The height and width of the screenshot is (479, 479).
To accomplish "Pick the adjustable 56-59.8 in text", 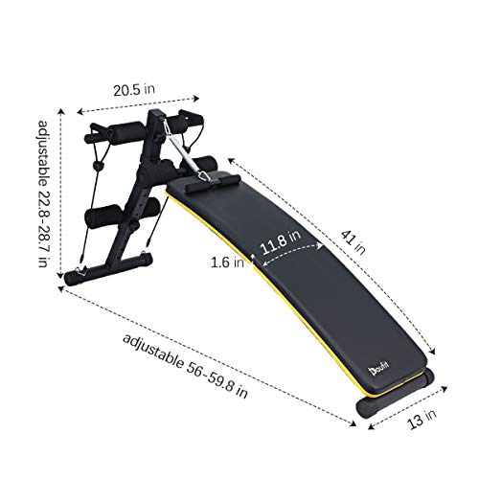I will pos(186,370).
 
